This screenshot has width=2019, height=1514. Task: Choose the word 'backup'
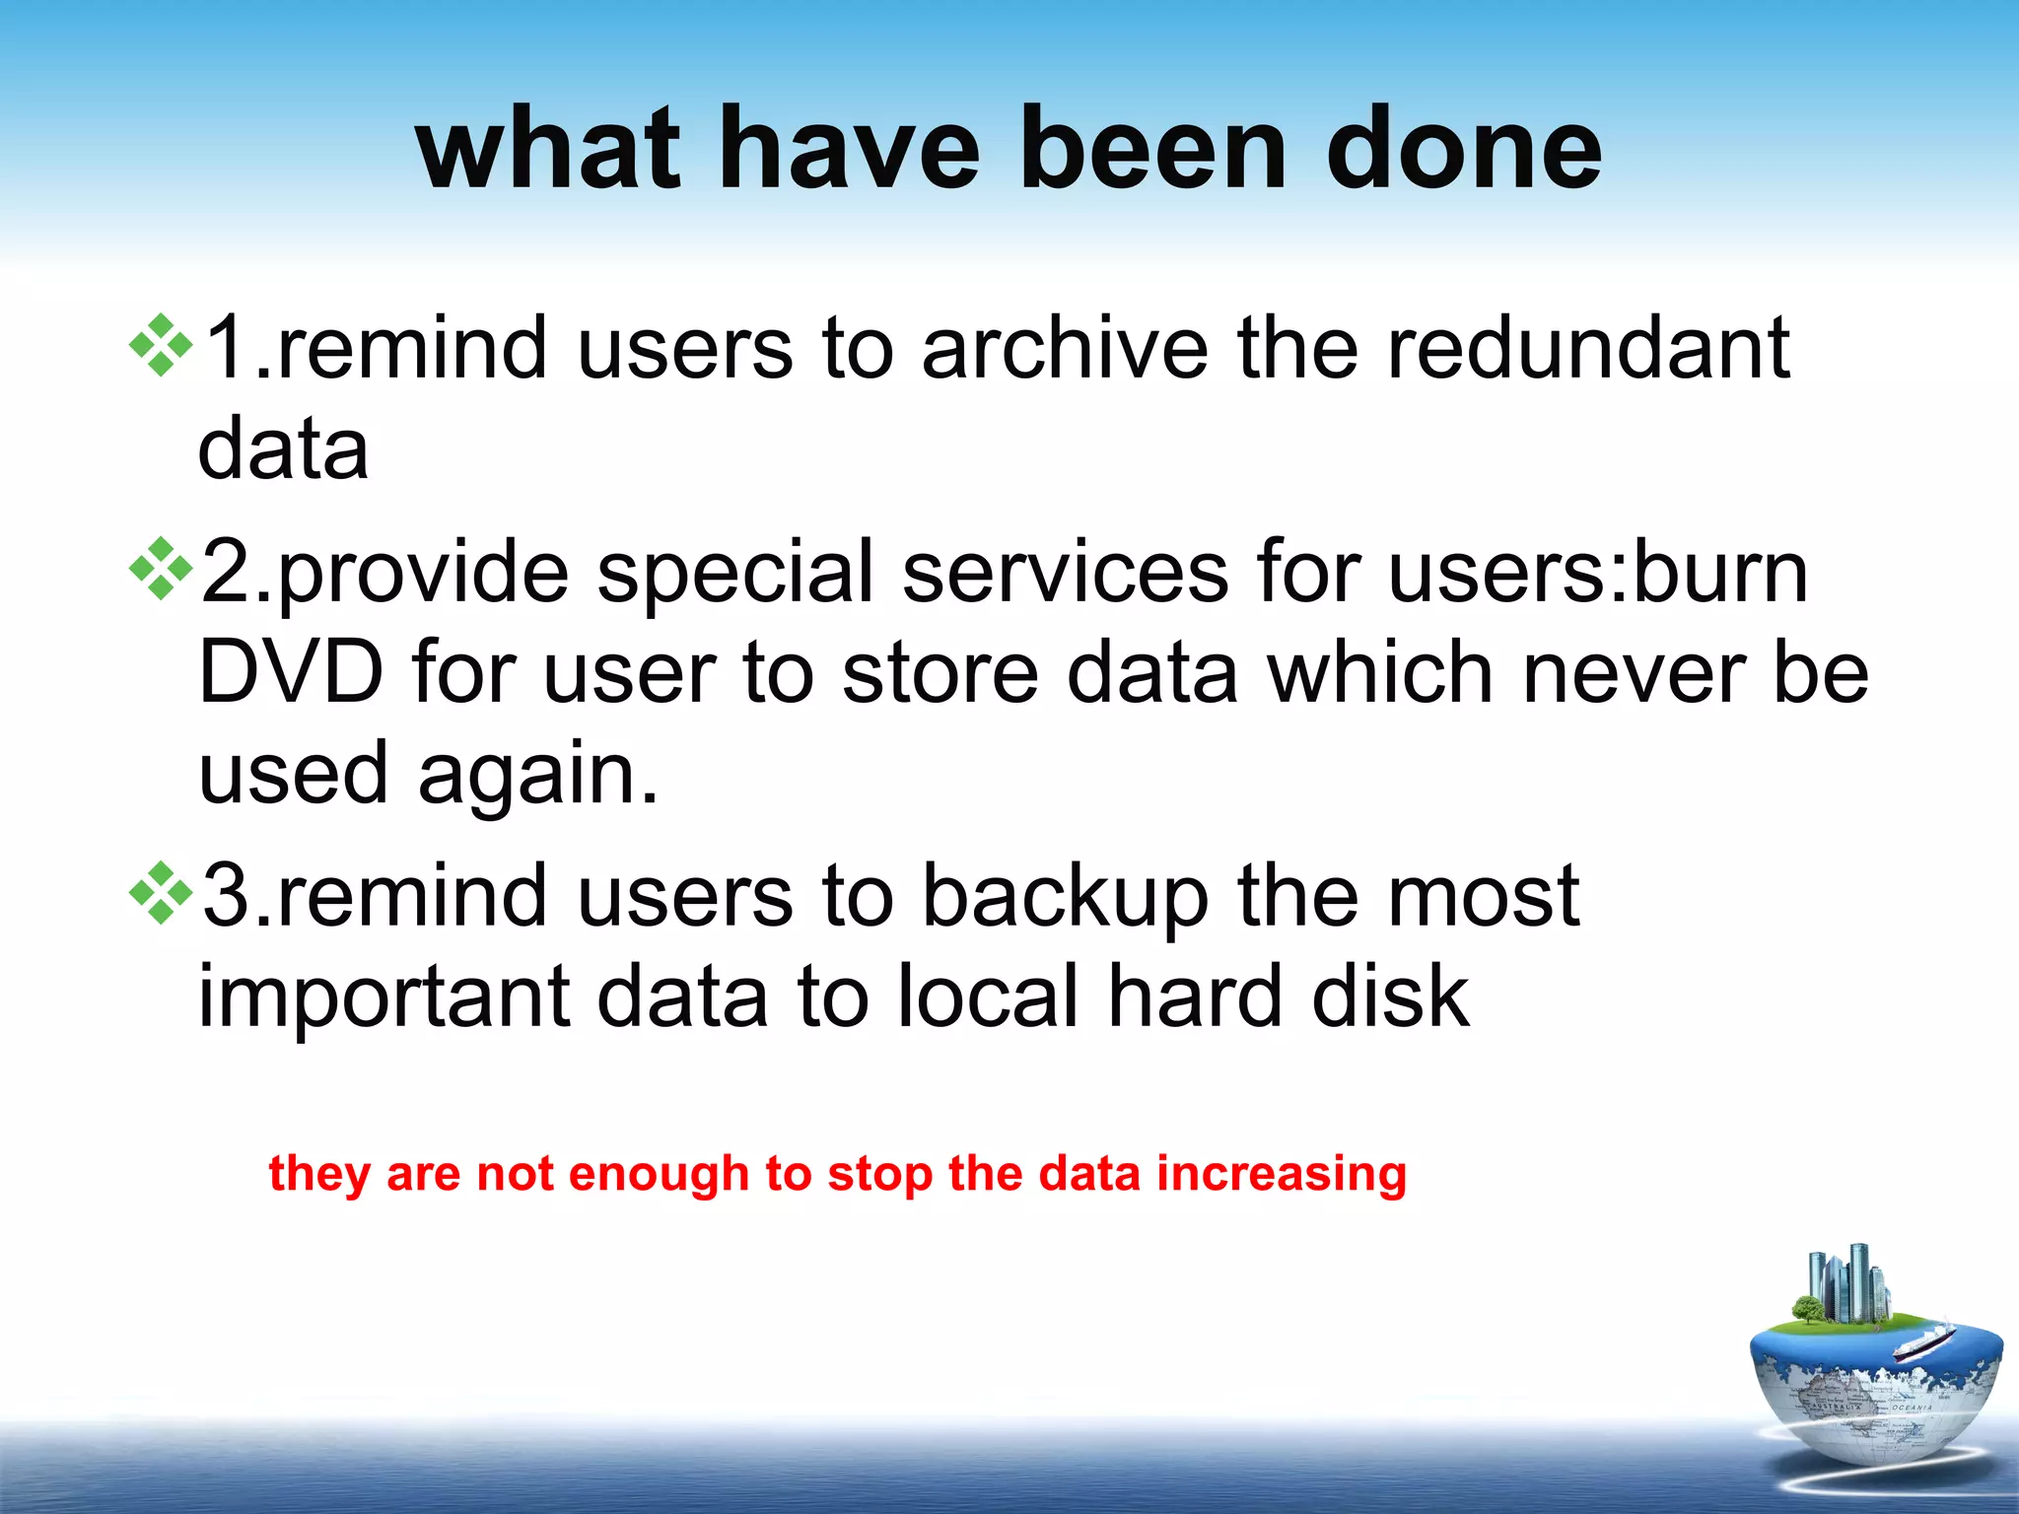(x=1065, y=897)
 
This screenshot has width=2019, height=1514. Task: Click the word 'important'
(x=384, y=998)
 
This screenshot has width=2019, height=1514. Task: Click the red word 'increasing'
(x=1281, y=1174)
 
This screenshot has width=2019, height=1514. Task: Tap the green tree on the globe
(x=1807, y=1310)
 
